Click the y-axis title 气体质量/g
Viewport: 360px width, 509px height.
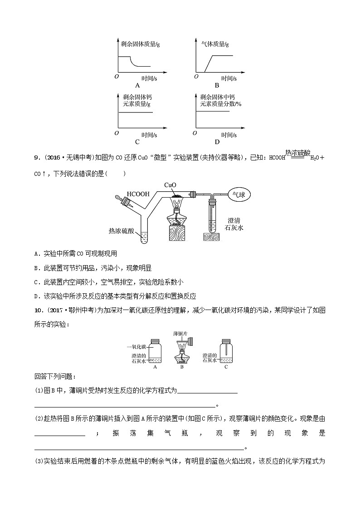pos(215,44)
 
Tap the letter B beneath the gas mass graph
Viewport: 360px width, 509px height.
pos(217,85)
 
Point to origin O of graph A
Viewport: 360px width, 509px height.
pos(117,77)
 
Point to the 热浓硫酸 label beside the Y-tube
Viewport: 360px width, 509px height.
pos(122,230)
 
